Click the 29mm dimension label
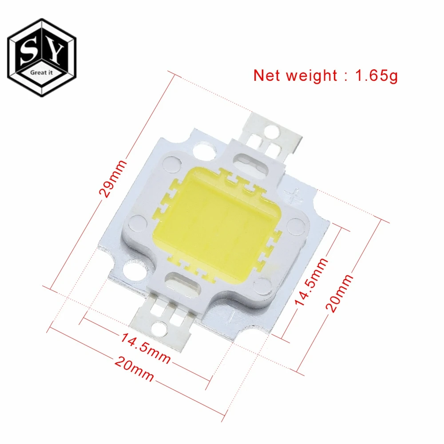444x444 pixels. pyautogui.click(x=112, y=178)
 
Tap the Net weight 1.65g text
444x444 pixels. pyautogui.click(x=325, y=76)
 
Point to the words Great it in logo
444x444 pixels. pyautogui.click(x=41, y=72)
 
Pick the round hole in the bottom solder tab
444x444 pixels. pyautogui.click(x=159, y=327)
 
